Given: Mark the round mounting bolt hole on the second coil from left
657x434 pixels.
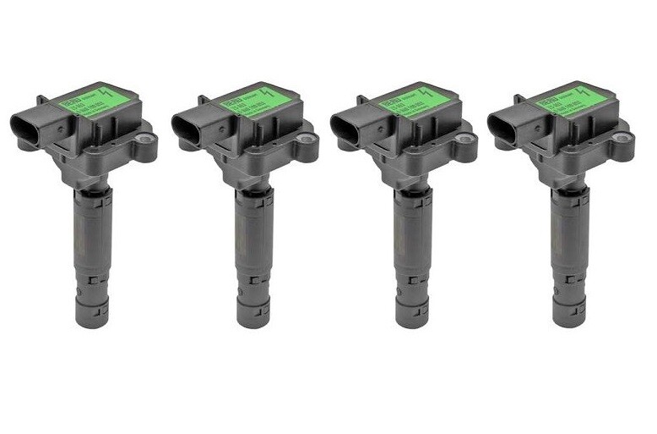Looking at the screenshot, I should pyautogui.click(x=307, y=137).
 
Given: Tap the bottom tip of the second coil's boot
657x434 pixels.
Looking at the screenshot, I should pyautogui.click(x=253, y=321).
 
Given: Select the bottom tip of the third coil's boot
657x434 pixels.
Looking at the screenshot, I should pyautogui.click(x=413, y=321).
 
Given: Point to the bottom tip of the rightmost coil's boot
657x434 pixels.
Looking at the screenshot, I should pyautogui.click(x=569, y=321).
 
